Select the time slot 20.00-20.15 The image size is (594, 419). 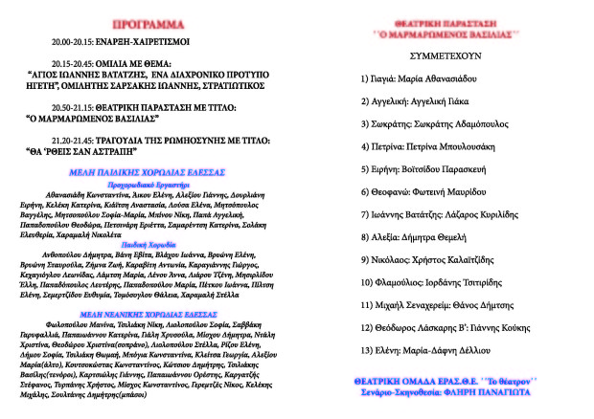tap(76, 44)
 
